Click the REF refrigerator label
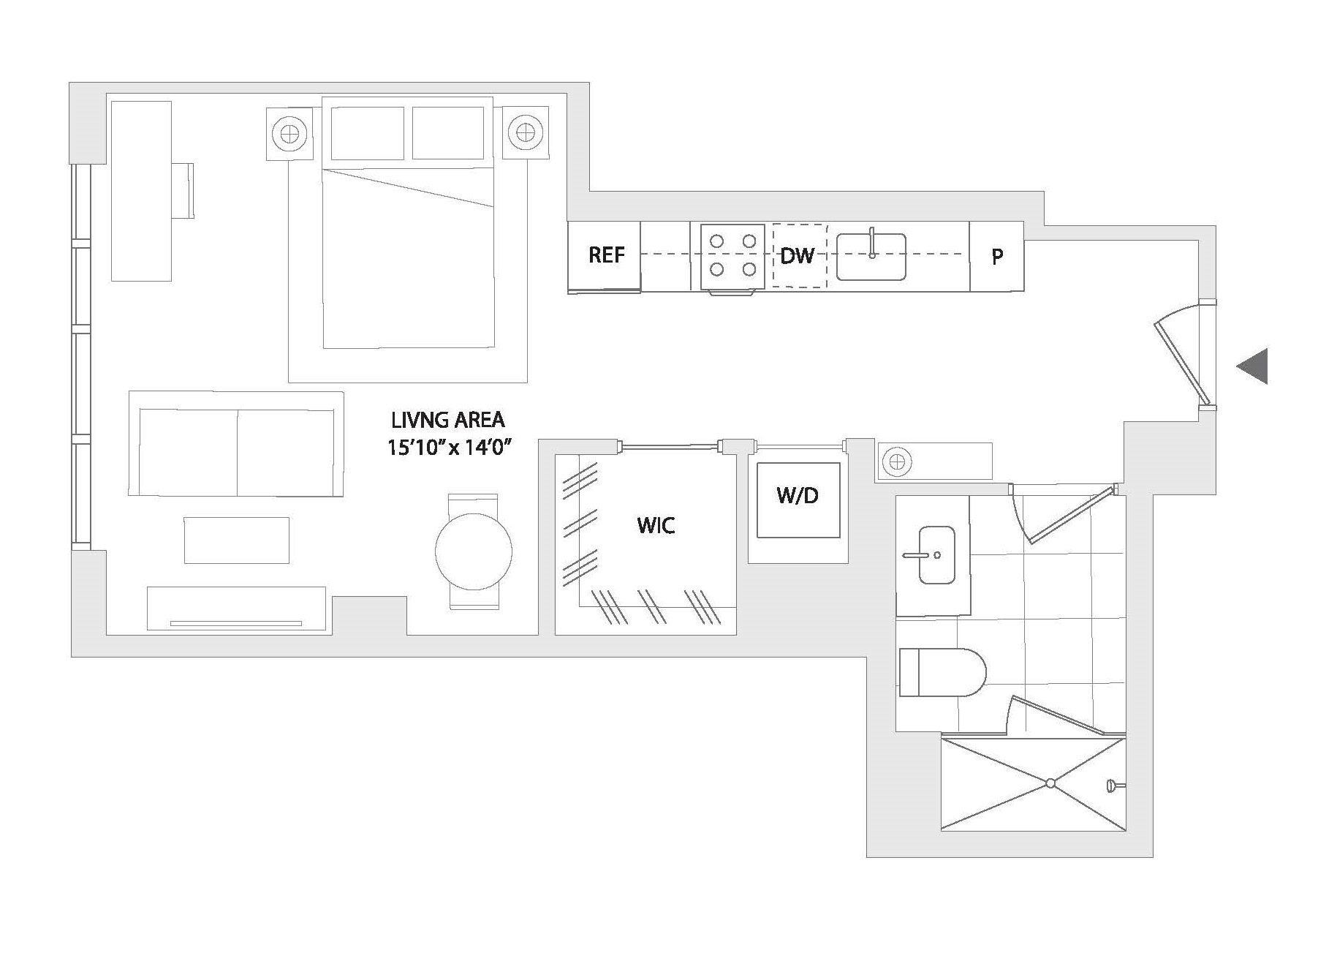(607, 255)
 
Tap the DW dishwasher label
(798, 256)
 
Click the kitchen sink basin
(871, 257)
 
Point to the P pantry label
(997, 257)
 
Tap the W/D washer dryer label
(798, 495)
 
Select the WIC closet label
(656, 525)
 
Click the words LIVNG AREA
(448, 420)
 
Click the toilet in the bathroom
(942, 672)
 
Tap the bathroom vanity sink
(936, 555)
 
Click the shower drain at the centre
(1050, 783)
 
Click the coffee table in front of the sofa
(237, 540)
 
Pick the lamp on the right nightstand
(524, 132)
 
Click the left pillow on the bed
(368, 132)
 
